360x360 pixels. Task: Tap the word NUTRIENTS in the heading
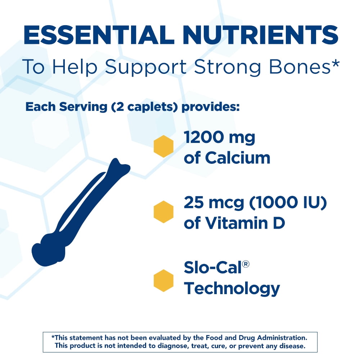(x=260, y=35)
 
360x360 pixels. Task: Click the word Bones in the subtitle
(x=299, y=67)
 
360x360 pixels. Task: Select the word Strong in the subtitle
(x=227, y=67)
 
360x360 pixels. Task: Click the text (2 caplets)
(x=144, y=107)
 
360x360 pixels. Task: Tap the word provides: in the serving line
(x=211, y=107)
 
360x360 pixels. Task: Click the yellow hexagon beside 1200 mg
(x=163, y=146)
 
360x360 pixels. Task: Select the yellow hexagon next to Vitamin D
(x=163, y=212)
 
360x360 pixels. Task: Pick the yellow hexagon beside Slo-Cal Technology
(x=163, y=280)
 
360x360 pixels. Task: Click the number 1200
(x=204, y=137)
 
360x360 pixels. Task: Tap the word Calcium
(x=238, y=158)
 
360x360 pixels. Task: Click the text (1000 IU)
(x=288, y=202)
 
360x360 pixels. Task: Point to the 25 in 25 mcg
(x=194, y=202)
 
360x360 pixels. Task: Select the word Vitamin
(x=237, y=223)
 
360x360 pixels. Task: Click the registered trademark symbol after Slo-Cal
(x=246, y=264)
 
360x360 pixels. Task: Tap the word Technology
(x=232, y=289)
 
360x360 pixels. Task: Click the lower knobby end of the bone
(x=48, y=251)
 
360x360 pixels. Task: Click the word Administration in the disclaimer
(x=282, y=338)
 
